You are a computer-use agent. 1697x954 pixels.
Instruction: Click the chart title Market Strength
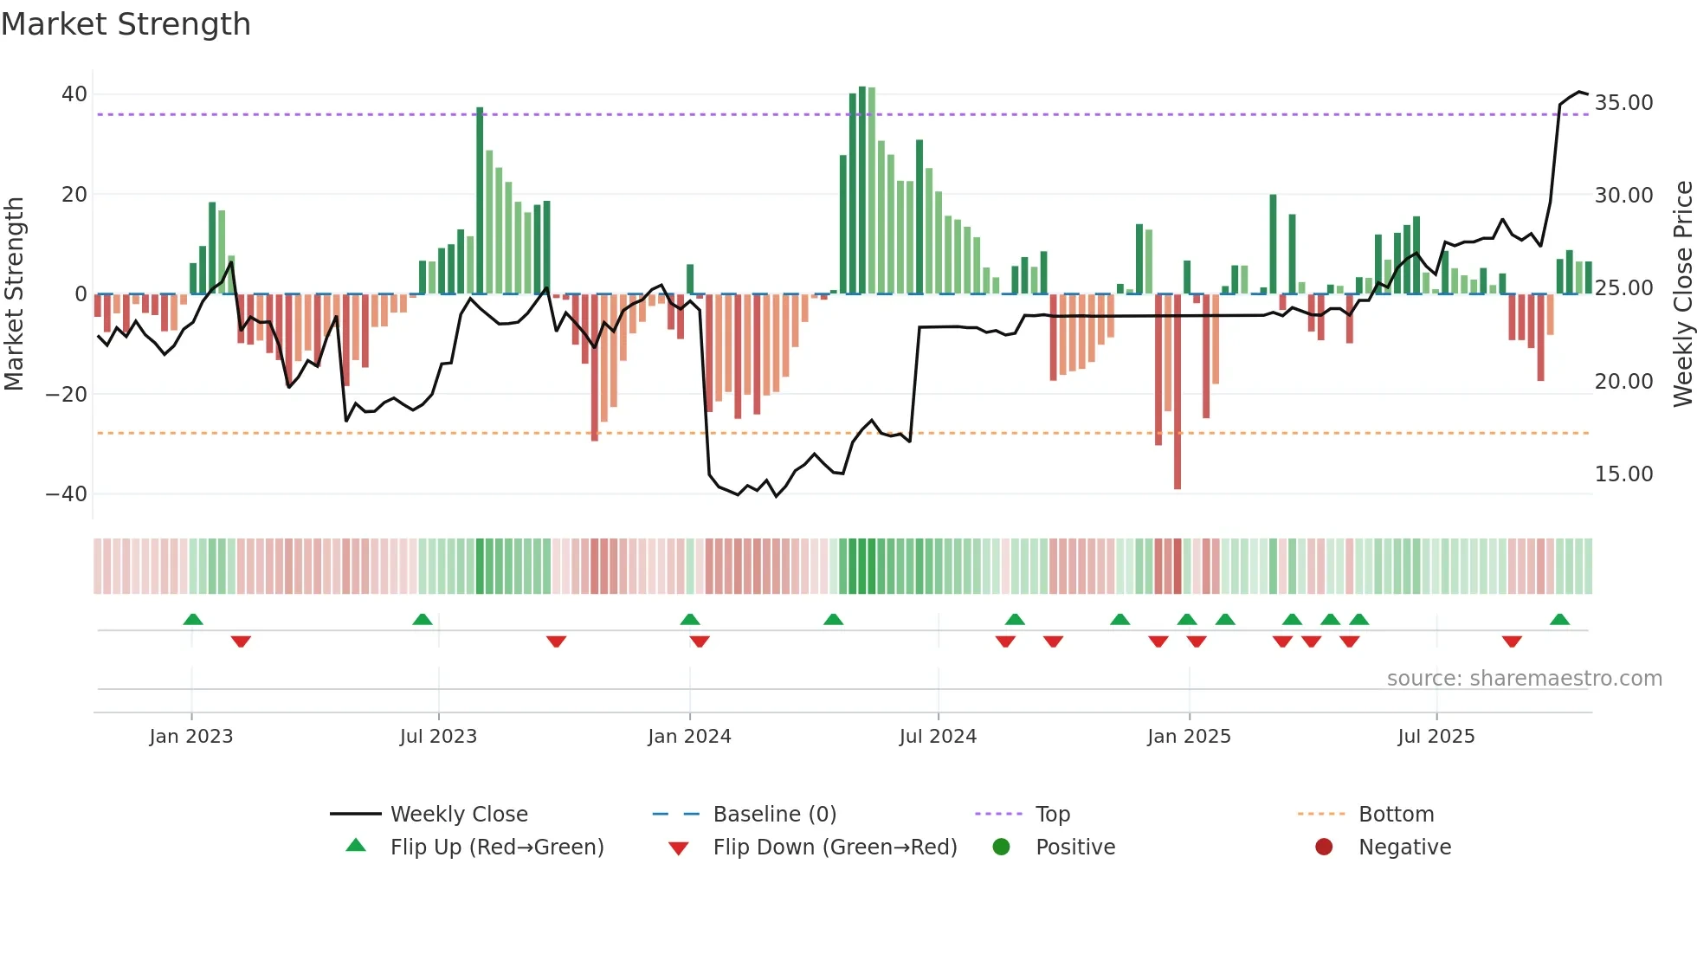click(x=126, y=24)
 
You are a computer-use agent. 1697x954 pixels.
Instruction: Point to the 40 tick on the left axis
click(x=74, y=93)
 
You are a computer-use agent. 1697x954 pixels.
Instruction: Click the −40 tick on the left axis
click(x=68, y=494)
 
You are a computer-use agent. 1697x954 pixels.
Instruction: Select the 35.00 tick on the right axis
click(x=1623, y=103)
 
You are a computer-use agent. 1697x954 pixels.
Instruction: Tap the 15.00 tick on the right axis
click(x=1623, y=474)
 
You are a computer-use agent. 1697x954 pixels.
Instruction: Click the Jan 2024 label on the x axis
click(x=689, y=737)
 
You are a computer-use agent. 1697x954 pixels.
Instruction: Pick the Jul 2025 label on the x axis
click(x=1436, y=737)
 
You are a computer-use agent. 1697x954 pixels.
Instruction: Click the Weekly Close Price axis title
click(x=1682, y=294)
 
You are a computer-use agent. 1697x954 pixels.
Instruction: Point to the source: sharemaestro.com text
click(x=1524, y=679)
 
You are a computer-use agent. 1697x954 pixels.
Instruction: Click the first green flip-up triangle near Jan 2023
click(x=193, y=620)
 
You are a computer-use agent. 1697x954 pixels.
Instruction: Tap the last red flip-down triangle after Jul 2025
click(x=1512, y=641)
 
